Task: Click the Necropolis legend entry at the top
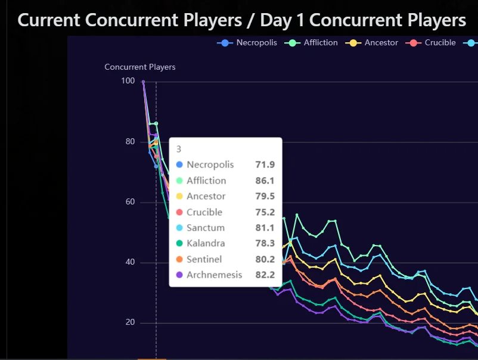247,43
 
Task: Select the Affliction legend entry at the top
311,43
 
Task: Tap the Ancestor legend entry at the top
371,43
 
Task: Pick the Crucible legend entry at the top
430,43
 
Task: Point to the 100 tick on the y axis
128,81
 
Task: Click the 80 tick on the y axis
130,141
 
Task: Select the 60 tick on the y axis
130,202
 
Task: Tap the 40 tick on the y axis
130,262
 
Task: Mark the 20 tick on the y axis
130,322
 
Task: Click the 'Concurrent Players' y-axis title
140,67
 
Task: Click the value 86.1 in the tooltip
265,181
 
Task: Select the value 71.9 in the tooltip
265,165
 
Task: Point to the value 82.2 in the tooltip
265,275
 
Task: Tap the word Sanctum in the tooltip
206,228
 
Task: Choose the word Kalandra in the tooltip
206,243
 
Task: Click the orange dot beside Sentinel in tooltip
179,259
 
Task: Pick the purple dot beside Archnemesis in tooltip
179,275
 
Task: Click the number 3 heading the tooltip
179,149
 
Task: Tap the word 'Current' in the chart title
49,20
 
